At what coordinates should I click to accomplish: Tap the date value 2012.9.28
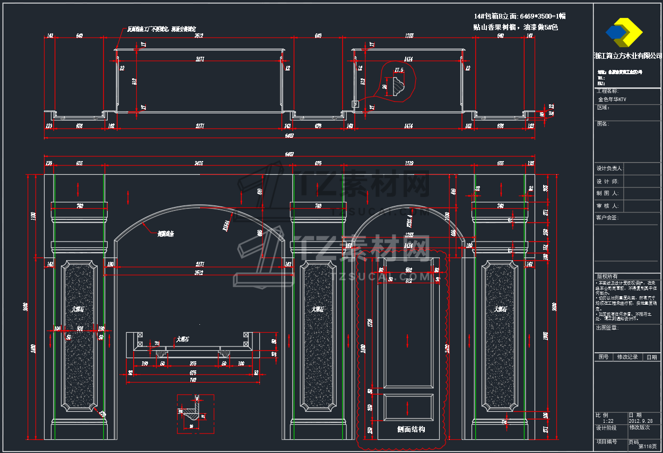642,421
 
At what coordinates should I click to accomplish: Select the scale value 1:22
607,421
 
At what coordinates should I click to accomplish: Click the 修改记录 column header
626,357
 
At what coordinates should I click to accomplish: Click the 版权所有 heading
607,277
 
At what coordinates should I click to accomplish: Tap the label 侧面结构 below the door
411,429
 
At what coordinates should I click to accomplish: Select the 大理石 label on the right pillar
499,309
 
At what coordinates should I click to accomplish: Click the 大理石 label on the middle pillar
318,309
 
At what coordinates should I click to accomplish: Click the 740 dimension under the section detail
193,380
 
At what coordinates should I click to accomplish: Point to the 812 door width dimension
408,281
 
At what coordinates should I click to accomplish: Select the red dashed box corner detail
195,413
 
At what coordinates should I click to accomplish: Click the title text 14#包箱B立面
496,16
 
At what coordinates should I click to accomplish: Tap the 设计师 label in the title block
608,181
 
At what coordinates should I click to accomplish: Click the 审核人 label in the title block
608,206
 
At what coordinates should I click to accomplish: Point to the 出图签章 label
607,327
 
